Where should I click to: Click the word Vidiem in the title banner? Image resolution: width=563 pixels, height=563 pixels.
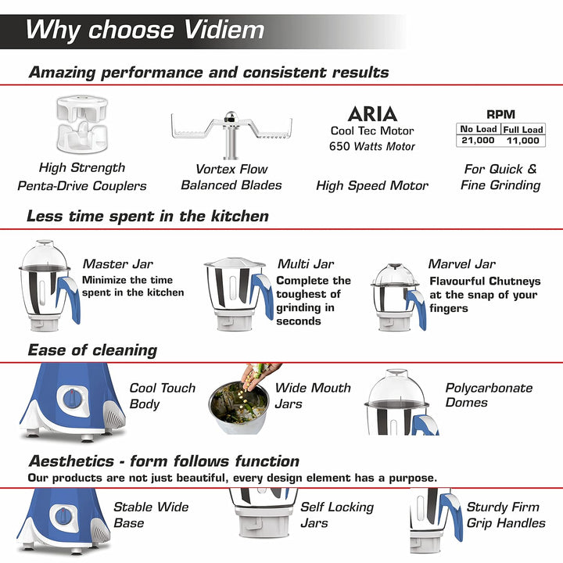click(224, 30)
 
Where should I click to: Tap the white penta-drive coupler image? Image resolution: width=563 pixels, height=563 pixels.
click(82, 124)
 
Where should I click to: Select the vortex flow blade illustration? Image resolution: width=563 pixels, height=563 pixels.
click(231, 134)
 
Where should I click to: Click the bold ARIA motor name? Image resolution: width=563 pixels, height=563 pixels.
click(372, 114)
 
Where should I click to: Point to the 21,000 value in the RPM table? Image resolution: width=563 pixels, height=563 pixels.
click(478, 140)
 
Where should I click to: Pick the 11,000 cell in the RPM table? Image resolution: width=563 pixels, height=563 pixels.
click(523, 141)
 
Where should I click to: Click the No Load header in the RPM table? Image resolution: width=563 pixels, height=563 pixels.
click(479, 129)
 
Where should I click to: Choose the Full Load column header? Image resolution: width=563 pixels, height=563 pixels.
click(523, 129)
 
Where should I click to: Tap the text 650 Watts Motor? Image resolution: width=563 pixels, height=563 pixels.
click(372, 146)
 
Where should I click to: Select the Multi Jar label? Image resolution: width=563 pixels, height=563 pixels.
click(306, 264)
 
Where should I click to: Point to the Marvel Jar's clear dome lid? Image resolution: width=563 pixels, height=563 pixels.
click(395, 274)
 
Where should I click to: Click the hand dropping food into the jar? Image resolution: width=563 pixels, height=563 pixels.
click(260, 375)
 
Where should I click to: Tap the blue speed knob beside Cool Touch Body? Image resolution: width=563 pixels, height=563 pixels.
click(74, 399)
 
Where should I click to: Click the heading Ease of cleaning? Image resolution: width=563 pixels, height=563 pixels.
click(92, 350)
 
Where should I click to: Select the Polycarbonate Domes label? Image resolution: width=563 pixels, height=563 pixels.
click(489, 395)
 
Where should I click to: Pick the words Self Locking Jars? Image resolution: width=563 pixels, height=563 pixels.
click(337, 515)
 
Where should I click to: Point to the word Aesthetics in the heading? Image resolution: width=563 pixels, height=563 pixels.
click(72, 461)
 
